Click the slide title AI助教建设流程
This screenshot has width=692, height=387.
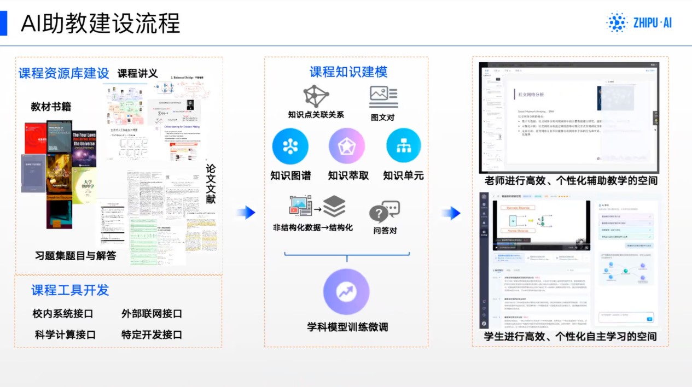click(x=100, y=23)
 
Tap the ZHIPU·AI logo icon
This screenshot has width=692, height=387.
click(x=617, y=22)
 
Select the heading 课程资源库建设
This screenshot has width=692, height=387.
click(x=64, y=73)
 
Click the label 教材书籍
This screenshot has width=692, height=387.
click(x=51, y=107)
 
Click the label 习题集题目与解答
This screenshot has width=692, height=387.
click(x=75, y=255)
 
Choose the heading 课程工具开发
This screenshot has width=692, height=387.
click(x=70, y=290)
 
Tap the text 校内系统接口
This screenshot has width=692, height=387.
click(x=63, y=314)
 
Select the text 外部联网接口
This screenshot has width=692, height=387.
click(x=152, y=314)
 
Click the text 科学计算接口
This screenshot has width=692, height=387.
click(x=65, y=335)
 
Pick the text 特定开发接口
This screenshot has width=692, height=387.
click(x=152, y=335)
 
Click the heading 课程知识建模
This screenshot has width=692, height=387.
click(x=348, y=72)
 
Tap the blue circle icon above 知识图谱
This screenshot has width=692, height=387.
click(x=290, y=146)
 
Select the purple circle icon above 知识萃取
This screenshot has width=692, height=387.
click(x=346, y=146)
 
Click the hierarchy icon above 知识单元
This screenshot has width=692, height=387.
click(x=404, y=146)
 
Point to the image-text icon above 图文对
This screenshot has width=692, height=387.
click(x=383, y=96)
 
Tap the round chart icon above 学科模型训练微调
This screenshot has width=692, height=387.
click(x=346, y=291)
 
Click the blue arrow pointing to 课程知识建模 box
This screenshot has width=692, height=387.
click(x=247, y=213)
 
